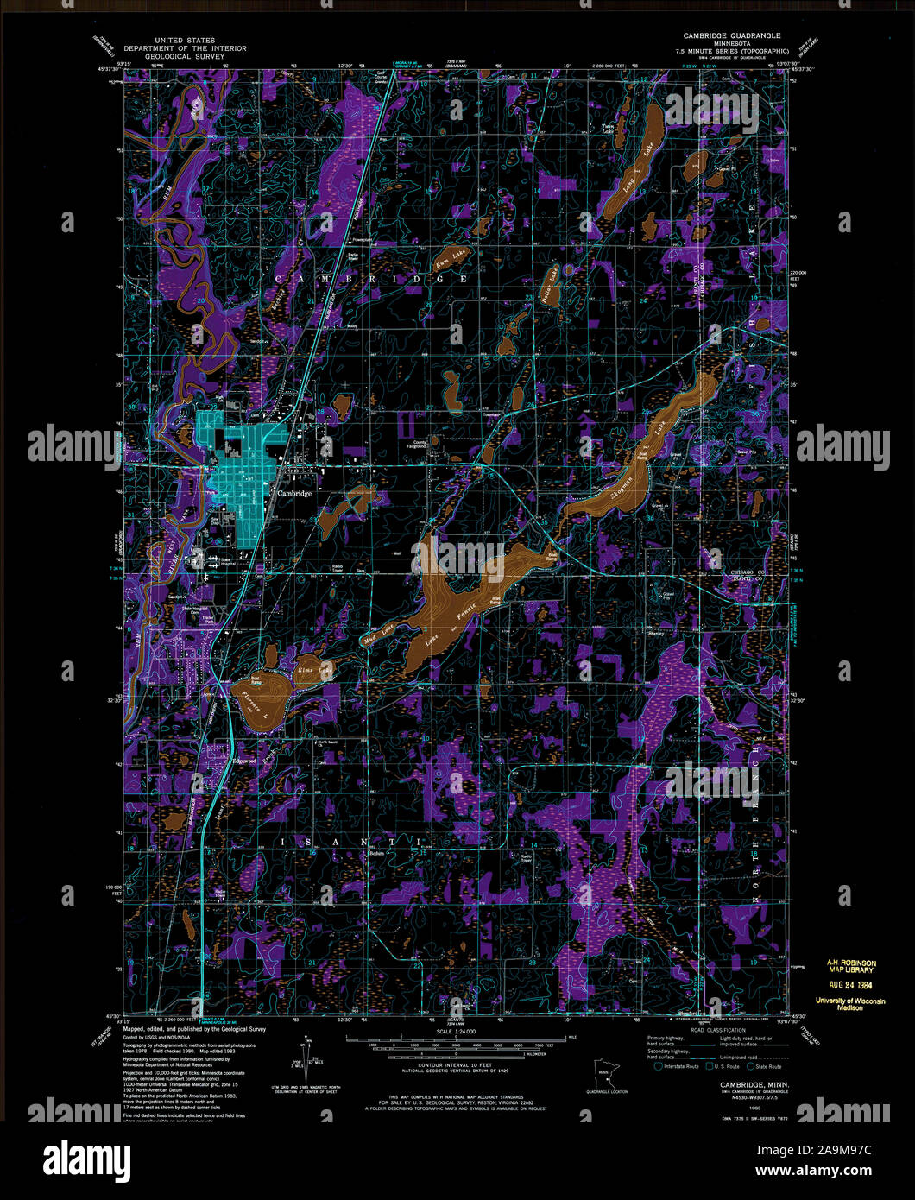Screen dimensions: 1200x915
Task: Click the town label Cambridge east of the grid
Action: point(294,493)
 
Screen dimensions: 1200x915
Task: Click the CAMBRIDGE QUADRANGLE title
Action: point(731,35)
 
